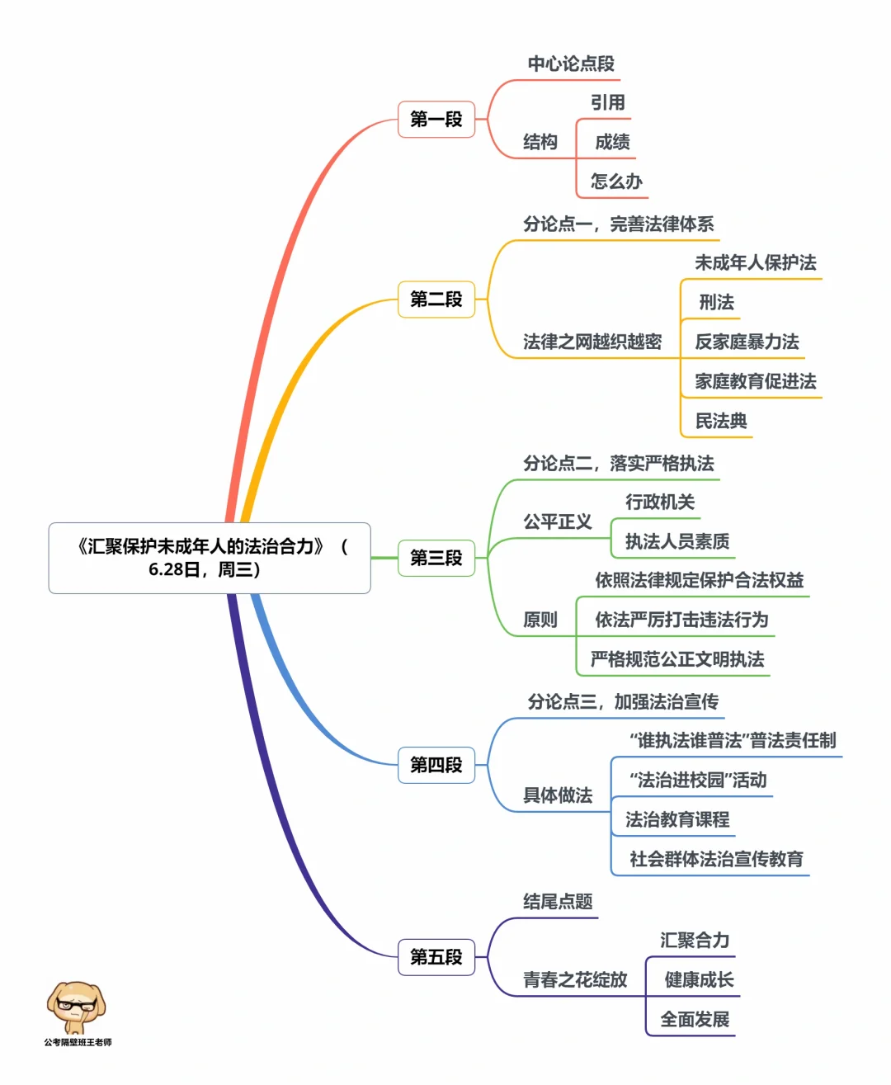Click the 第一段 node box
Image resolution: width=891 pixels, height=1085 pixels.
pos(436,120)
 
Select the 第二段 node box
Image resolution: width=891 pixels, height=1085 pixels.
pos(436,299)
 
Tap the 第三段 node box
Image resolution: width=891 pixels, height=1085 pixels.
pos(436,558)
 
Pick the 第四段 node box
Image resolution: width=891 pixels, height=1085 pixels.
pos(436,765)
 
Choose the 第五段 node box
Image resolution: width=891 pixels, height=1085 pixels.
pos(436,957)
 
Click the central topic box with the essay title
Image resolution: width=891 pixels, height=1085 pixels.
pos(210,558)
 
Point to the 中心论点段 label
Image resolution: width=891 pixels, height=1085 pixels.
pos(571,64)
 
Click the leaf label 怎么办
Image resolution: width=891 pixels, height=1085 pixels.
pos(615,182)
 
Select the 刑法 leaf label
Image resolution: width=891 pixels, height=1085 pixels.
pos(716,302)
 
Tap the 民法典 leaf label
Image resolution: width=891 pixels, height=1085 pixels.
pos(720,421)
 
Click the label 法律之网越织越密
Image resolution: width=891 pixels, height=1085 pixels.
pos(592,342)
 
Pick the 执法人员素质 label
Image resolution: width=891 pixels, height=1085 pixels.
pos(676,541)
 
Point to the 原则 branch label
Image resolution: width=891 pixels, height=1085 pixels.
pos(540,620)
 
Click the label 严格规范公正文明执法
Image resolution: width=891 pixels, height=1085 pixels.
pos(676,659)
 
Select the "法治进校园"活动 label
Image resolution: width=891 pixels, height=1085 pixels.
pos(697,780)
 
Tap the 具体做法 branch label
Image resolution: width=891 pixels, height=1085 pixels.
pos(558,795)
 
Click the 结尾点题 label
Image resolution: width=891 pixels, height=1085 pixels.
pos(558,901)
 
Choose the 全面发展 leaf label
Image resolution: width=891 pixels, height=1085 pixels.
pos(694,1019)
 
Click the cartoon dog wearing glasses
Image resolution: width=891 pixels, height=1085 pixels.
pos(76,1007)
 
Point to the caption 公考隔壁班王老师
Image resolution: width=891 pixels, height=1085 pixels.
pos(78,1043)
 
